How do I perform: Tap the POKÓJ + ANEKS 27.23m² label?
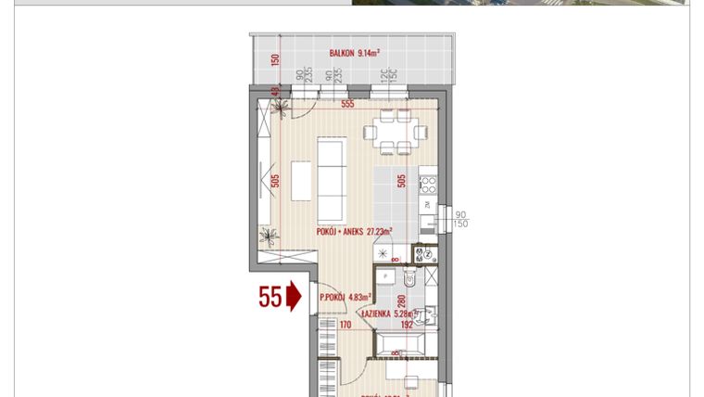pos(354,232)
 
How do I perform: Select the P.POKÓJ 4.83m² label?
pos(345,297)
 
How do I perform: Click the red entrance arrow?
pos(295,297)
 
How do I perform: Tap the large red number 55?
pos(270,298)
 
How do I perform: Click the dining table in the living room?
pos(390,133)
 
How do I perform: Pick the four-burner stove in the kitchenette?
pos(426,182)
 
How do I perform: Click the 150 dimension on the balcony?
pos(274,58)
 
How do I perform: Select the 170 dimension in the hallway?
pos(345,326)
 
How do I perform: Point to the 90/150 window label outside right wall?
pos(459,218)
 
